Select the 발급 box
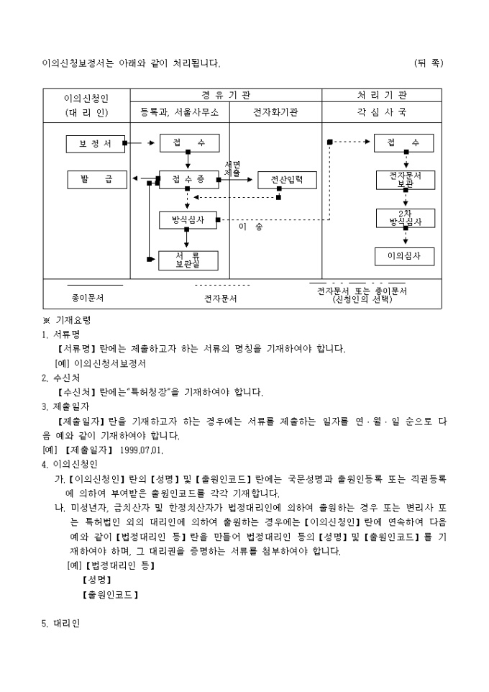[x=97, y=180]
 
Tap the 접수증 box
[x=188, y=180]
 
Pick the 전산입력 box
[x=287, y=180]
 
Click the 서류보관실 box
[x=188, y=260]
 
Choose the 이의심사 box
[x=405, y=256]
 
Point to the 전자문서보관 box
[x=405, y=179]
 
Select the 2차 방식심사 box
[x=405, y=217]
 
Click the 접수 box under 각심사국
[x=405, y=143]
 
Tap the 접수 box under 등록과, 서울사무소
[x=188, y=143]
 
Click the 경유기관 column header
[x=225, y=96]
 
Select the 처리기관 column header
[x=381, y=96]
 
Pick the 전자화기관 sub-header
[x=275, y=113]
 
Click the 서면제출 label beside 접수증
[x=232, y=169]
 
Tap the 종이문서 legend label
[x=87, y=296]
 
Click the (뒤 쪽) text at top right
[x=429, y=63]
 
